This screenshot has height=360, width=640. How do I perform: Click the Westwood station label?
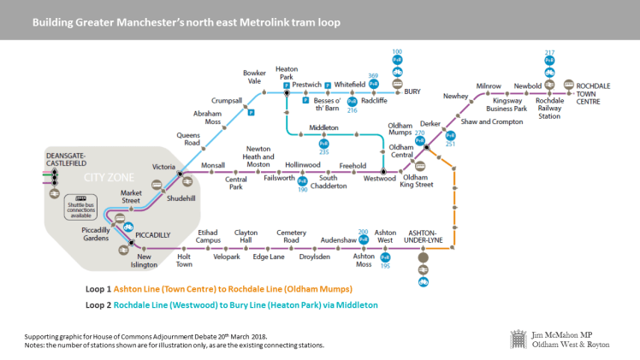tap(380, 179)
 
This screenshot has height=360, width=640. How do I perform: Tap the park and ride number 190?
tap(302, 189)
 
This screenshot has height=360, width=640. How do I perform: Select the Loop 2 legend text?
tap(231, 304)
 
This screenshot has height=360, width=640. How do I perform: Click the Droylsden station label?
tap(314, 256)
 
